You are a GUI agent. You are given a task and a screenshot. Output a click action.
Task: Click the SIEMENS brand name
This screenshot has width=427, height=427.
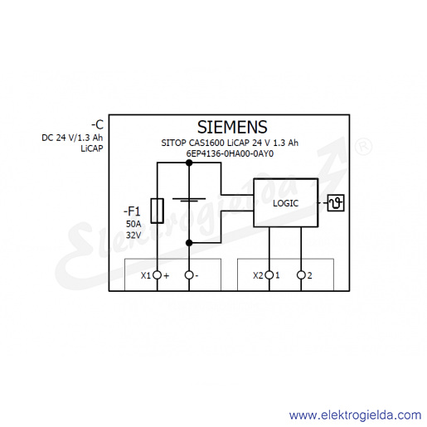coord(232,127)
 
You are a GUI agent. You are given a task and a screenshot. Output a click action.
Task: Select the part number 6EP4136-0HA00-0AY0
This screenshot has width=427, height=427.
coord(230,153)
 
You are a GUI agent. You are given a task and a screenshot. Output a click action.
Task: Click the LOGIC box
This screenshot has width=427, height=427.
coord(286,203)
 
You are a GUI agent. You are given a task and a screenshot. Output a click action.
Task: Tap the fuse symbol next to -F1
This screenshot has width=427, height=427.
coord(157,211)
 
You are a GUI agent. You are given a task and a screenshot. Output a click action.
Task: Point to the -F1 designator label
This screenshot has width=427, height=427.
coord(132,211)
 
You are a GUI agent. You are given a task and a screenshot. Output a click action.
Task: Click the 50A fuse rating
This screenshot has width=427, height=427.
coord(133,224)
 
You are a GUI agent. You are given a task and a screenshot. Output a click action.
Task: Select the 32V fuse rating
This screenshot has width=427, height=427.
coord(133,235)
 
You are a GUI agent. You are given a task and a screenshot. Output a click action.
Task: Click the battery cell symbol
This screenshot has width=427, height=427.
coord(189,200)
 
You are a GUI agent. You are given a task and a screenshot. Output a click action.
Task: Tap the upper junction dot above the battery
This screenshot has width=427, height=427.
coord(189,163)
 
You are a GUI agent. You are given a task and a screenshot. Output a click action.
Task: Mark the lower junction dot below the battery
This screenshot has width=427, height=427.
coord(189,243)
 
